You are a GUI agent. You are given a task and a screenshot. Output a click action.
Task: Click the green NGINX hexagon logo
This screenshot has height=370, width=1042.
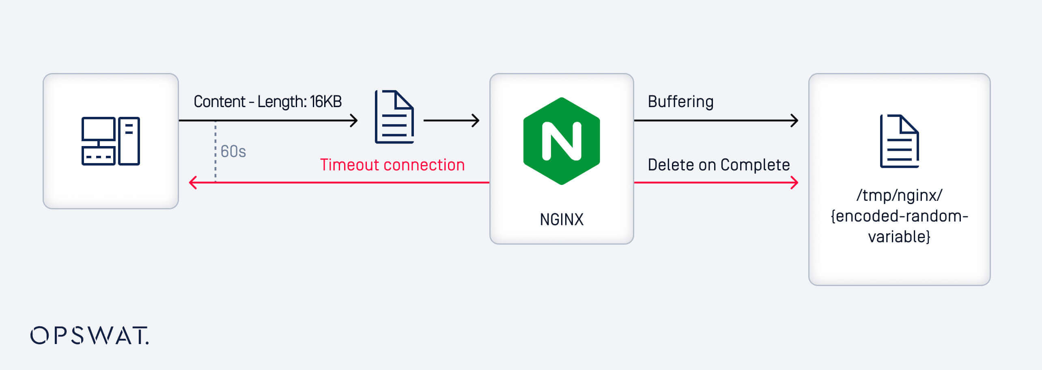562,141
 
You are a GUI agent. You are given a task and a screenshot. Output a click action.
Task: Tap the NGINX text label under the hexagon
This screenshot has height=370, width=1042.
562,219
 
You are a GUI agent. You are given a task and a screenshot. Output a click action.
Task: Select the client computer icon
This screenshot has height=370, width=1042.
110,141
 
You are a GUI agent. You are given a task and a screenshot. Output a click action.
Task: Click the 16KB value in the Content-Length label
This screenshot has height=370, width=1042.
326,101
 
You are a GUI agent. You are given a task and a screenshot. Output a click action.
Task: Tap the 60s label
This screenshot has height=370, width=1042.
233,151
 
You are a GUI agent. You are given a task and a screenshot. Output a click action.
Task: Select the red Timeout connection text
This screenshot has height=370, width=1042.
392,165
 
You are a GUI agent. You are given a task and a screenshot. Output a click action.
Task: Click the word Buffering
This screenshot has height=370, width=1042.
680,101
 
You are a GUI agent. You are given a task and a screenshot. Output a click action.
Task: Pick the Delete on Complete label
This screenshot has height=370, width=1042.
719,165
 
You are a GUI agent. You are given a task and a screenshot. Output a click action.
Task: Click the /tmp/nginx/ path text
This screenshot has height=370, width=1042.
899,196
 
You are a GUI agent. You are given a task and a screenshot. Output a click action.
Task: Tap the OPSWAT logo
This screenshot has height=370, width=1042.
90,336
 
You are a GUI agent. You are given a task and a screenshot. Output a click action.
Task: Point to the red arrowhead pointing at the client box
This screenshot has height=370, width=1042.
193,183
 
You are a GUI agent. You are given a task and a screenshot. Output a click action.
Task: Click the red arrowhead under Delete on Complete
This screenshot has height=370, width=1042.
794,183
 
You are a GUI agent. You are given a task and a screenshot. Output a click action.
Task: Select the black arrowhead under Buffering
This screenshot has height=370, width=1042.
794,120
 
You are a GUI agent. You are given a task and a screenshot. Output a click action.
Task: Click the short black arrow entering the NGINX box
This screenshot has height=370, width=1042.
451,120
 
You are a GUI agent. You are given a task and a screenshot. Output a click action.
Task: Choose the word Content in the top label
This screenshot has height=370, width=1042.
220,101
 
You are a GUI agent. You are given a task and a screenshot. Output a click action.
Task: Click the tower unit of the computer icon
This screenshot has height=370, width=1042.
129,141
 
